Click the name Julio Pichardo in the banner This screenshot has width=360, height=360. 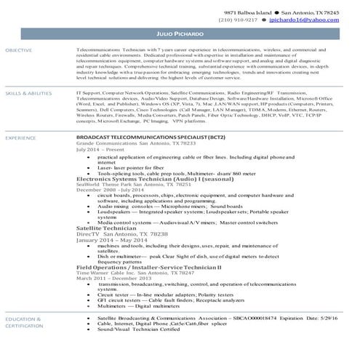180,35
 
